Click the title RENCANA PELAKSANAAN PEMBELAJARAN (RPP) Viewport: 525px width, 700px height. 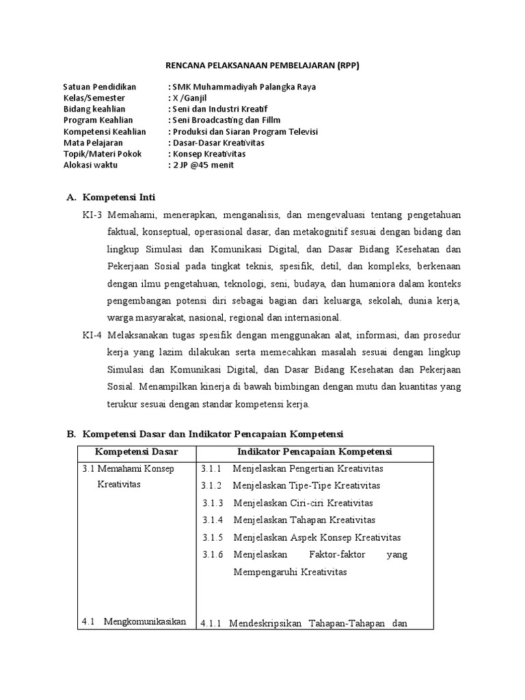(x=262, y=65)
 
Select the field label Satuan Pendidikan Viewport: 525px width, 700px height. (x=99, y=87)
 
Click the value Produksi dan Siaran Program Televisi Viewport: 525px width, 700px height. (x=245, y=131)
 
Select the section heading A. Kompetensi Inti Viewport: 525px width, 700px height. (x=111, y=198)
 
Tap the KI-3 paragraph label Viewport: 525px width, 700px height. (x=91, y=215)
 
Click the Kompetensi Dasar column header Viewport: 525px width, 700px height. (x=137, y=452)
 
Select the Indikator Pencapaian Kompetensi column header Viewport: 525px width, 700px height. (x=314, y=452)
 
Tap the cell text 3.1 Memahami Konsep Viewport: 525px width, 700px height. (x=128, y=469)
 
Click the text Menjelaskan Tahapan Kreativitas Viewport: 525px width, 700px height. (x=304, y=520)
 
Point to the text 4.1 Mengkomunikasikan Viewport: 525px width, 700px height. (x=134, y=621)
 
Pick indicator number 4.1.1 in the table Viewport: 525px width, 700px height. (x=212, y=623)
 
